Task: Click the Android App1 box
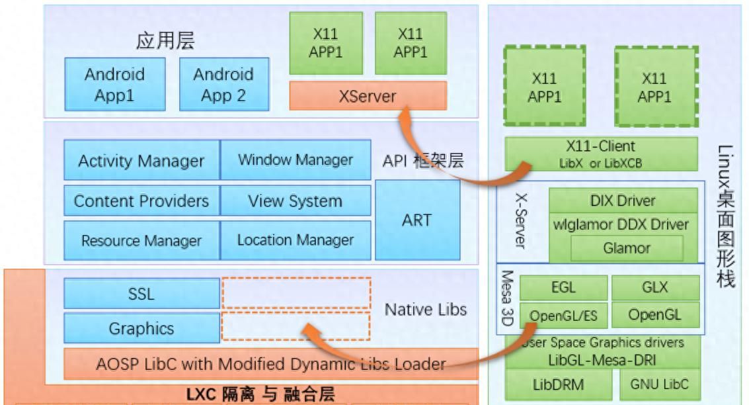pyautogui.click(x=114, y=84)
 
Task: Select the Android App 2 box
pyautogui.click(x=223, y=84)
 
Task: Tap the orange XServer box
pyautogui.click(x=368, y=97)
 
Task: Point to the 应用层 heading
pyautogui.click(x=165, y=42)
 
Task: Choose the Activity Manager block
pyautogui.click(x=141, y=161)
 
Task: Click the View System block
pyautogui.click(x=295, y=201)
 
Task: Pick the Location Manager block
pyautogui.click(x=295, y=240)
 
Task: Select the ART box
pyautogui.click(x=416, y=220)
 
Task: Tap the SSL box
pyautogui.click(x=141, y=294)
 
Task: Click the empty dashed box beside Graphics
pyautogui.click(x=295, y=328)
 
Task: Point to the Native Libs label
pyautogui.click(x=426, y=309)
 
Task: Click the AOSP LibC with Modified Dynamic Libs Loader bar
pyautogui.click(x=271, y=364)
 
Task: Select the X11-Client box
pyautogui.click(x=601, y=154)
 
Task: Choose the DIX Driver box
pyautogui.click(x=623, y=201)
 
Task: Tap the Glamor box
pyautogui.click(x=626, y=249)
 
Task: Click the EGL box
pyautogui.click(x=563, y=288)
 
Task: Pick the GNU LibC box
pyautogui.click(x=658, y=384)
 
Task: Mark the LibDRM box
pyautogui.click(x=559, y=384)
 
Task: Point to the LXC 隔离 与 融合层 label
pyautogui.click(x=261, y=394)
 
